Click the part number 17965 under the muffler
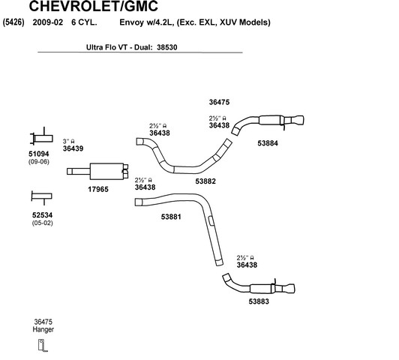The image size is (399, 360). (98, 189)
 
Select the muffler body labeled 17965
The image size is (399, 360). (106, 171)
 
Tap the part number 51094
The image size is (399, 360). (39, 154)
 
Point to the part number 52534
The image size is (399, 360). (42, 215)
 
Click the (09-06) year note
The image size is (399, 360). (39, 161)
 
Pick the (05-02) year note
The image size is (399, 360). (42, 223)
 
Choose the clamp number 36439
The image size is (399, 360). (73, 148)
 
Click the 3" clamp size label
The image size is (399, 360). (68, 141)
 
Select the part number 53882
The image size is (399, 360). (205, 181)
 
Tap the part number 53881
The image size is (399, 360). (171, 217)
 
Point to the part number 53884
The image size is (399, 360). (268, 143)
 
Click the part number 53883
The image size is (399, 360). (259, 301)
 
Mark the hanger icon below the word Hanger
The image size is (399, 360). (42, 345)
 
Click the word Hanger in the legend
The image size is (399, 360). (43, 330)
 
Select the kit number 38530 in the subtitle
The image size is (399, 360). (167, 47)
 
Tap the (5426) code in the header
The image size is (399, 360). (13, 22)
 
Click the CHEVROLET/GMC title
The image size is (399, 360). (94, 6)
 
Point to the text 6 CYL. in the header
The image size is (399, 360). (84, 22)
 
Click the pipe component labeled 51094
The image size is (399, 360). (42, 139)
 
